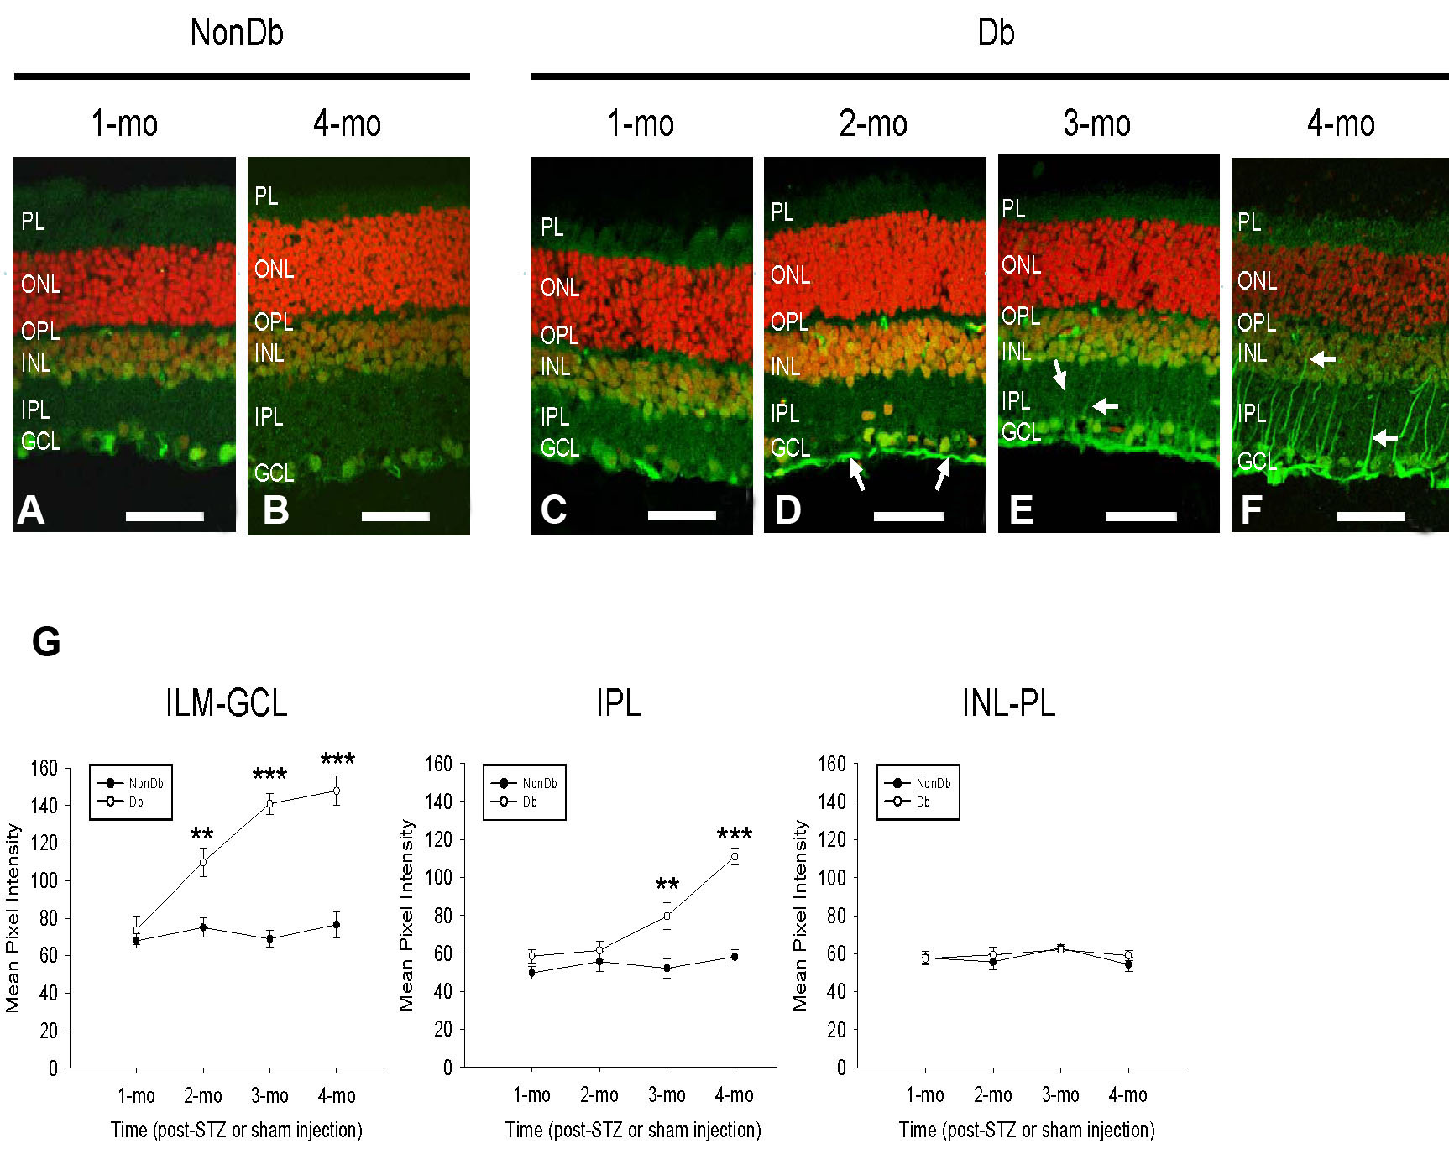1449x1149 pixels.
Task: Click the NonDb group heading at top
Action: (x=237, y=33)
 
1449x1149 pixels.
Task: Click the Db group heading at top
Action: (x=996, y=33)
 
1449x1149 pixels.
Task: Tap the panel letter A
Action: (x=31, y=509)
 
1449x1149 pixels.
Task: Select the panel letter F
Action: (x=1251, y=509)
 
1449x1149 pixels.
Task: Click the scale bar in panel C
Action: (x=681, y=515)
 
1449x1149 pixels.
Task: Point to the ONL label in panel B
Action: (x=275, y=269)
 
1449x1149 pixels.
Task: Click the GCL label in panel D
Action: (x=790, y=448)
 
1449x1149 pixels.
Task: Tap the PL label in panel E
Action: (x=1013, y=209)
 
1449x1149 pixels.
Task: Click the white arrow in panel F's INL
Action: (x=1323, y=359)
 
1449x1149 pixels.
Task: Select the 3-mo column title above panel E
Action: (x=1096, y=123)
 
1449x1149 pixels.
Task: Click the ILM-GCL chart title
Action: (x=226, y=702)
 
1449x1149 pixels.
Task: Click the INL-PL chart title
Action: (x=1008, y=702)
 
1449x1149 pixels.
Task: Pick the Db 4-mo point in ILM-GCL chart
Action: (x=337, y=791)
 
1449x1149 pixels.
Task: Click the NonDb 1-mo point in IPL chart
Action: (x=531, y=973)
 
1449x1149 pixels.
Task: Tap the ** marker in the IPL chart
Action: (x=667, y=885)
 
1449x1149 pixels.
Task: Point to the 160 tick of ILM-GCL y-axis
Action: (x=44, y=768)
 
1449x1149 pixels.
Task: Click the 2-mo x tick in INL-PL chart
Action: (x=992, y=1095)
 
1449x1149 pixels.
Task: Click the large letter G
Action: (x=46, y=642)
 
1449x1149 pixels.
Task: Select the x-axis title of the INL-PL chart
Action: (x=1026, y=1130)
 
